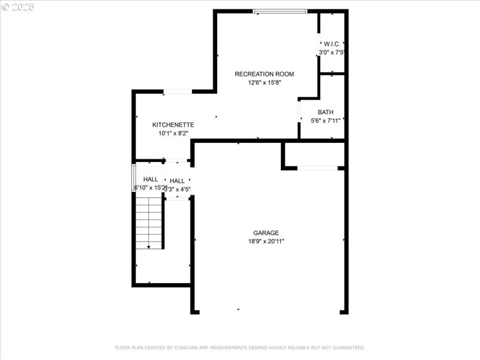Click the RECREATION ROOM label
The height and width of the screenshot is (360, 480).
coord(264,74)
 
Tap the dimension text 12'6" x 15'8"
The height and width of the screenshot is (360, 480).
coord(264,83)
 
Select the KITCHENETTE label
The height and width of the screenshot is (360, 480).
coord(173,125)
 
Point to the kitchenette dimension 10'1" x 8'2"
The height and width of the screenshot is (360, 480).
coord(173,134)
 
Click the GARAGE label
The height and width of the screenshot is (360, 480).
coord(266,233)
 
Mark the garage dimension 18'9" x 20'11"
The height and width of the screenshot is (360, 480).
coord(266,241)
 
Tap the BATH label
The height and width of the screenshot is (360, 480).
coord(326,112)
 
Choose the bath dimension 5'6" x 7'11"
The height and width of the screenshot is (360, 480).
coord(326,121)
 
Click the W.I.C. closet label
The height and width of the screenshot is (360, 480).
coord(332,44)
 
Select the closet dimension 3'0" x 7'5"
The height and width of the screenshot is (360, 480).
coord(332,53)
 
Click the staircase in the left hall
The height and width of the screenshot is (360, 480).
coord(148,222)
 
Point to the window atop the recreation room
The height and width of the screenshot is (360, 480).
coord(280,11)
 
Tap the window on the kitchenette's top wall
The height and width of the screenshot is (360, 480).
coord(178,91)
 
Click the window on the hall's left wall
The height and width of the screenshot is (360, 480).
coord(134,178)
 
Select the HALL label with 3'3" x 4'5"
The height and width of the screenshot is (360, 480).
coord(178,181)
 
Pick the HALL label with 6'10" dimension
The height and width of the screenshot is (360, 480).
coord(151,179)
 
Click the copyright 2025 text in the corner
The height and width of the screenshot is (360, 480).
coord(18,7)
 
